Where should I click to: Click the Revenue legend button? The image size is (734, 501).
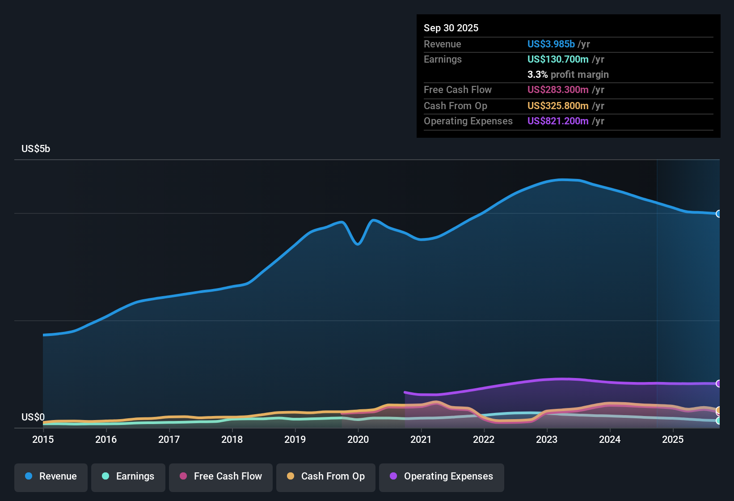pyautogui.click(x=51, y=476)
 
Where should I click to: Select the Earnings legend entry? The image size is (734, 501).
pyautogui.click(x=128, y=476)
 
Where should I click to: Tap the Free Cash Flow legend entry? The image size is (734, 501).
pyautogui.click(x=221, y=476)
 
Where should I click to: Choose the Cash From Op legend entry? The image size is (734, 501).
pyautogui.click(x=326, y=476)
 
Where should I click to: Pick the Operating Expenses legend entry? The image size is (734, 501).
pyautogui.click(x=442, y=476)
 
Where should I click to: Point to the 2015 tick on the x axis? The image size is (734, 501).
pyautogui.click(x=43, y=439)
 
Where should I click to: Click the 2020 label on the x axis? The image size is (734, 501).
pyautogui.click(x=358, y=439)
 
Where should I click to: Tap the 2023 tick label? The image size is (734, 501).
pyautogui.click(x=547, y=439)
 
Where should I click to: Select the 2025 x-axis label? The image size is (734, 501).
pyautogui.click(x=673, y=439)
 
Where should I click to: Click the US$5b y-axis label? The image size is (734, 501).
pyautogui.click(x=36, y=149)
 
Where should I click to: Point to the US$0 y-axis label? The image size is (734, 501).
pyautogui.click(x=33, y=417)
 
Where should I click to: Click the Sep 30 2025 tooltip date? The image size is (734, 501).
pyautogui.click(x=451, y=28)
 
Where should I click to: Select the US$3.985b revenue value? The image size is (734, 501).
pyautogui.click(x=551, y=44)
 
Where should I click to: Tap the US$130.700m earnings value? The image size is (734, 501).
pyautogui.click(x=558, y=59)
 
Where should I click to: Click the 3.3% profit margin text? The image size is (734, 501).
pyautogui.click(x=568, y=74)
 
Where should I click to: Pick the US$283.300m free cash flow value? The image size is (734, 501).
pyautogui.click(x=558, y=89)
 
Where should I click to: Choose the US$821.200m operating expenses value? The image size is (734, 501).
pyautogui.click(x=558, y=121)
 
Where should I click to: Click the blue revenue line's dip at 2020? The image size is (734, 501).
pyautogui.click(x=358, y=244)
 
